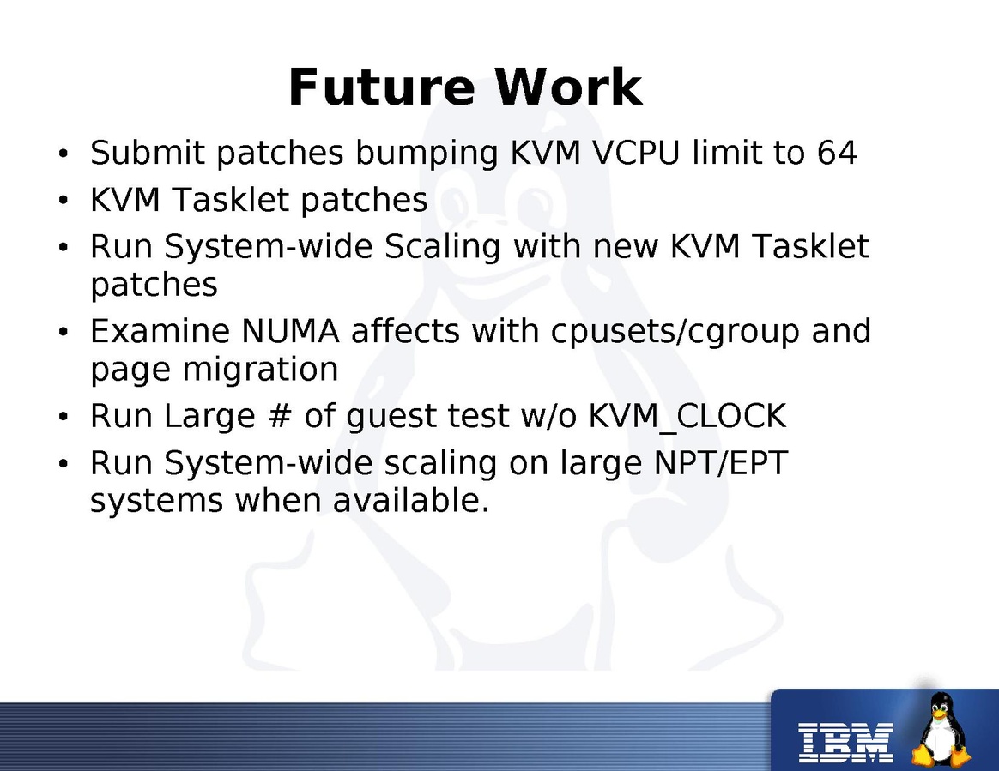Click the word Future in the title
(382, 87)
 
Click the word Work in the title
(568, 87)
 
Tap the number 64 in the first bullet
(837, 153)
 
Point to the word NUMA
(291, 331)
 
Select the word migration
(260, 370)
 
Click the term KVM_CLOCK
(687, 417)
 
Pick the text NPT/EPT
(721, 463)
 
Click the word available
(411, 500)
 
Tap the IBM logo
(846, 743)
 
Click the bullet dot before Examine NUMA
(63, 333)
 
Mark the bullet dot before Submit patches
(63, 154)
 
